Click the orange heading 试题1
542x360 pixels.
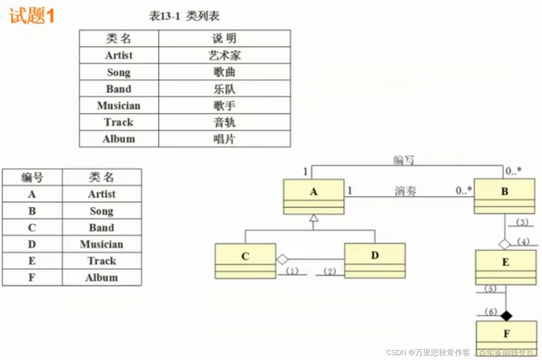[32, 16]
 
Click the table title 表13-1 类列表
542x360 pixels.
[184, 16]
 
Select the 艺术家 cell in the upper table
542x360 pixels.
[225, 56]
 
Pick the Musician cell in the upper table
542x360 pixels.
[119, 106]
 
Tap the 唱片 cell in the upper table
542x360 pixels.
[225, 139]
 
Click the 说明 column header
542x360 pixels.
[225, 39]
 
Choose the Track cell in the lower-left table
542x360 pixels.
[102, 261]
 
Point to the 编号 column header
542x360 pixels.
[32, 177]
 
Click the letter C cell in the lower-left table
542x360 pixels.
[32, 227]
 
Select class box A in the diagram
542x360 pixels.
[314, 197]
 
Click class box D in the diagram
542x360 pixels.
[375, 261]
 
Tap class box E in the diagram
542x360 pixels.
[506, 268]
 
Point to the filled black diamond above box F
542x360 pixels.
[506, 316]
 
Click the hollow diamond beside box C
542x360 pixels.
[282, 259]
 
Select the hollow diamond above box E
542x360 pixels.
[505, 244]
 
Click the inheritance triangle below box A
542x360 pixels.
[314, 218]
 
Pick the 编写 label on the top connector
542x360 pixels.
[403, 160]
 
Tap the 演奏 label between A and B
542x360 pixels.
[405, 191]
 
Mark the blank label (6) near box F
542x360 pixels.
[490, 312]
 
